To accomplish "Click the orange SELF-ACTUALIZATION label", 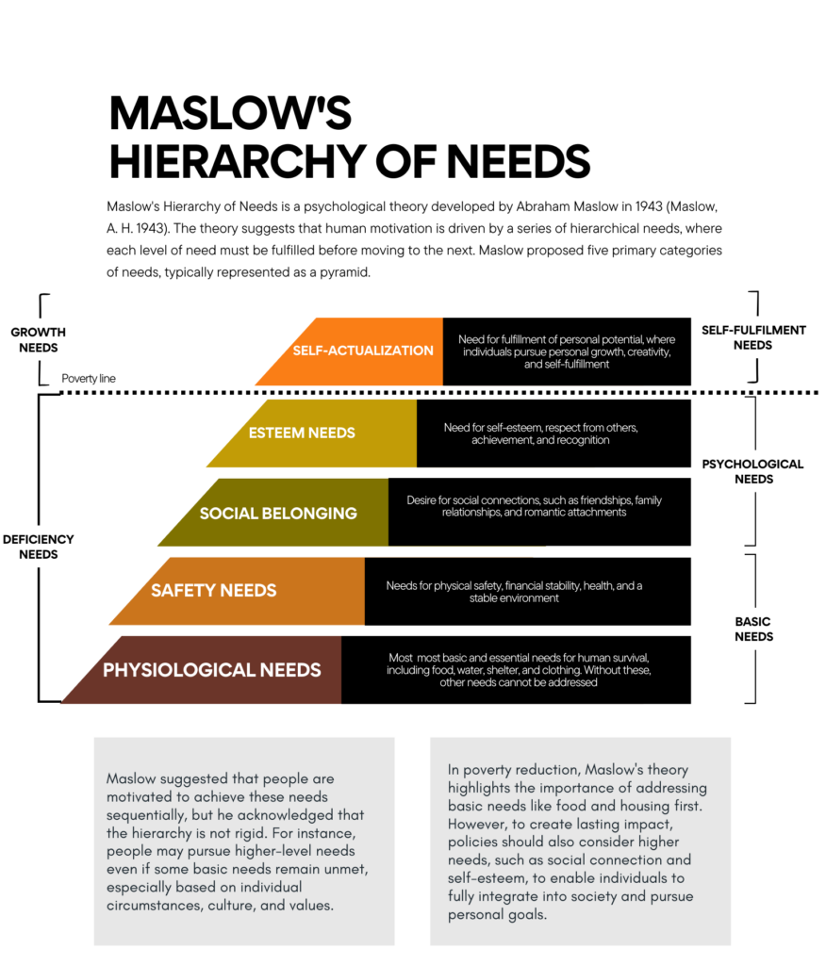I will coord(363,351).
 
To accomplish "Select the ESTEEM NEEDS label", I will coord(302,433).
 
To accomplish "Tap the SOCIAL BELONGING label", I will coord(278,514).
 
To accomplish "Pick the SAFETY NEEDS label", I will coord(214,591).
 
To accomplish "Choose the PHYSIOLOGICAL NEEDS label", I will coord(212,671).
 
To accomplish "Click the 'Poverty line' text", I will coord(89,379).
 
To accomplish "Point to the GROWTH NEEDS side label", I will coord(38,339).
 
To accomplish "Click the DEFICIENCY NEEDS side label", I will coord(38,547).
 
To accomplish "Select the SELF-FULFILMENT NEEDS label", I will coord(753,337).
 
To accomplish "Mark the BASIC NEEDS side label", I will coord(753,629).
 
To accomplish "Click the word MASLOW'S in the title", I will coord(230,114).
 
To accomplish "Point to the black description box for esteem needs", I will coord(553,433).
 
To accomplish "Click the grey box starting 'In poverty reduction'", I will coord(580,841).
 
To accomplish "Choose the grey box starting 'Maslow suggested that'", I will coord(243,841).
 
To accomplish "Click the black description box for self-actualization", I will coord(566,352).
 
